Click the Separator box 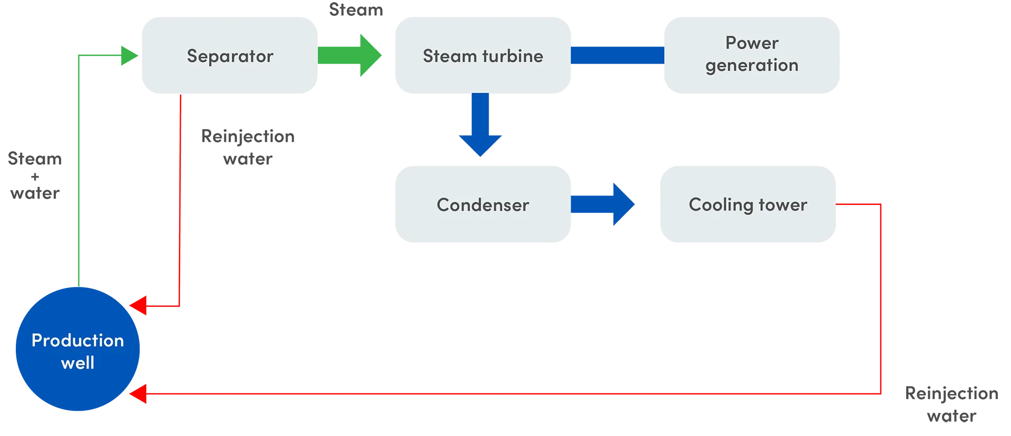click(x=230, y=56)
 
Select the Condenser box click(x=482, y=204)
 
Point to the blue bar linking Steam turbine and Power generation click(x=617, y=55)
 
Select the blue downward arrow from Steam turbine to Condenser click(x=480, y=125)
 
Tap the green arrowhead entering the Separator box click(x=128, y=55)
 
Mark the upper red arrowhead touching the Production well click(x=138, y=306)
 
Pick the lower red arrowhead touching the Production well click(x=138, y=394)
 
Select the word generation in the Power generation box click(x=752, y=66)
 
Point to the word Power click(x=752, y=43)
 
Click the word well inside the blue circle click(x=78, y=363)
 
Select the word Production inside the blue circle click(x=78, y=340)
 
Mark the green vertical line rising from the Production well click(x=78, y=174)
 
